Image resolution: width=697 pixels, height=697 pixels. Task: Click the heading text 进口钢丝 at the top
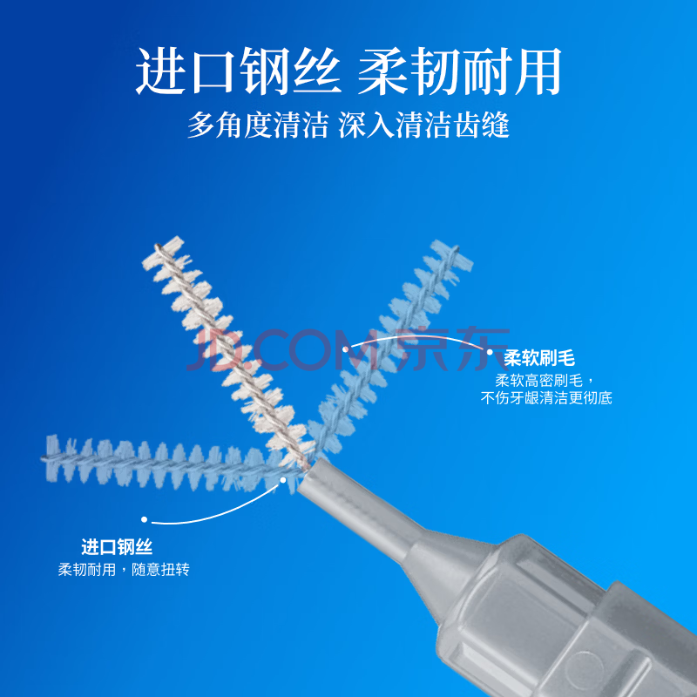pyautogui.click(x=238, y=71)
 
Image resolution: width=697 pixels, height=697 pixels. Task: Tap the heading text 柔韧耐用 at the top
pyautogui.click(x=460, y=71)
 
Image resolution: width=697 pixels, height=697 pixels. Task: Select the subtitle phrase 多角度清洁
pyautogui.click(x=258, y=125)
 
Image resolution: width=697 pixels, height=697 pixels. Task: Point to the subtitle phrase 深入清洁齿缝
pyautogui.click(x=424, y=125)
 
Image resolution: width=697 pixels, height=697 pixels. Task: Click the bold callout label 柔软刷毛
pyautogui.click(x=539, y=358)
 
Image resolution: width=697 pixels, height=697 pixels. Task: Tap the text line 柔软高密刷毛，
pyautogui.click(x=545, y=381)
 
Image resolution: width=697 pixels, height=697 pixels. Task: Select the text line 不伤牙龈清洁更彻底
pyautogui.click(x=546, y=398)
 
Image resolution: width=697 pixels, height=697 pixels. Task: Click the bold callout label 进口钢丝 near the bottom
pyautogui.click(x=117, y=547)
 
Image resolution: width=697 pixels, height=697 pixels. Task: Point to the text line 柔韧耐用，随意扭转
pyautogui.click(x=124, y=570)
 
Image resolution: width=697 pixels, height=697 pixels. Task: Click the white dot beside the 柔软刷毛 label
pyautogui.click(x=490, y=352)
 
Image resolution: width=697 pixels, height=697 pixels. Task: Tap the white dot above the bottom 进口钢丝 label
pyautogui.click(x=144, y=519)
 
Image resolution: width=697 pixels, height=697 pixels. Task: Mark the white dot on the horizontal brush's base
pyautogui.click(x=282, y=480)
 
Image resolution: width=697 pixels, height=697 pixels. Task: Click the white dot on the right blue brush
pyautogui.click(x=345, y=349)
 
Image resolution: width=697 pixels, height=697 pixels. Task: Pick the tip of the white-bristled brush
pyautogui.click(x=158, y=246)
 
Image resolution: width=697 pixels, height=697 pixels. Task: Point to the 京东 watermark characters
pyautogui.click(x=451, y=349)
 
